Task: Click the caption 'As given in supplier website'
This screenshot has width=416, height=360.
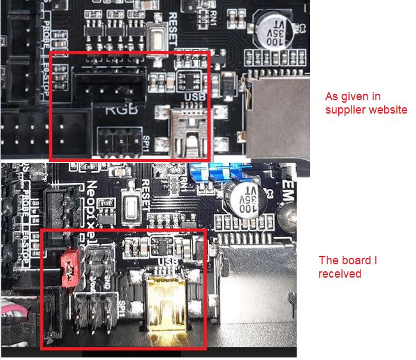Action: [x=366, y=103]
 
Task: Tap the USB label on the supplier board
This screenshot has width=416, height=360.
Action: [x=193, y=97]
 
